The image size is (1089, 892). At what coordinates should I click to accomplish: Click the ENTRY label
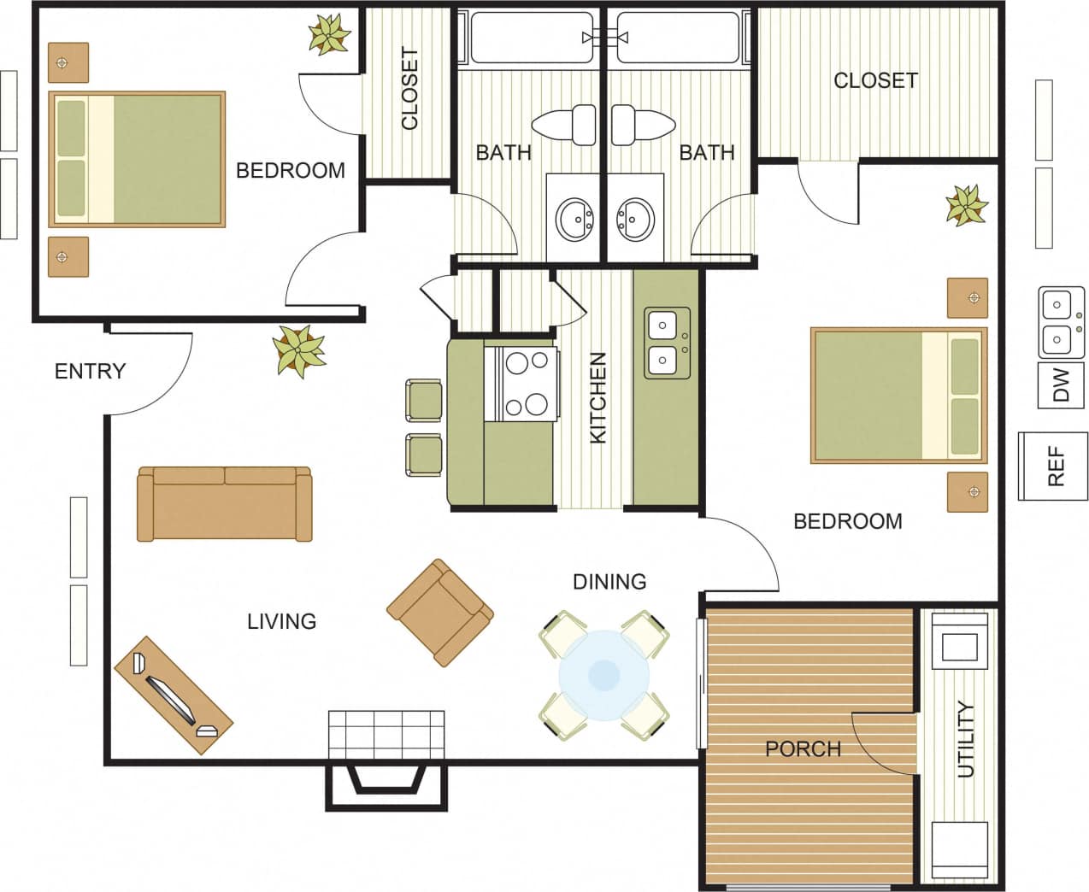90,371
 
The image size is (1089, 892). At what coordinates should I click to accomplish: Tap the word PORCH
803,749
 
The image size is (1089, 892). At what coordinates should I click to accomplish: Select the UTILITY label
965,739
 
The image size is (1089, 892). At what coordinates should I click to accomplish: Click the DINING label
609,582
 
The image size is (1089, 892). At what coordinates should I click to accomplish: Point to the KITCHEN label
598,397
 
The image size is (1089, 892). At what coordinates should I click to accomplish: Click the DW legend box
1061,385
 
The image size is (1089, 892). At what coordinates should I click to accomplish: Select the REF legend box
1055,466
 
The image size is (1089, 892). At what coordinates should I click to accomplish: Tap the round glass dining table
604,674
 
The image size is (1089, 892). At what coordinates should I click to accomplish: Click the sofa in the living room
225,503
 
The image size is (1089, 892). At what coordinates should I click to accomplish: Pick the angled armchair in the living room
440,613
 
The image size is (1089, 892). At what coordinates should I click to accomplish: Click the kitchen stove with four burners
521,384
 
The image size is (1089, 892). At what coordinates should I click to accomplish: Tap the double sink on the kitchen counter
667,343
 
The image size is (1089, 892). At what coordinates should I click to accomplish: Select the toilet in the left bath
565,126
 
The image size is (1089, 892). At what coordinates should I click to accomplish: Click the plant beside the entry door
298,350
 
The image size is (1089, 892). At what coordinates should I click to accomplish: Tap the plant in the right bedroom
967,206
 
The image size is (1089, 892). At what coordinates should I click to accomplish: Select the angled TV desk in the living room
173,695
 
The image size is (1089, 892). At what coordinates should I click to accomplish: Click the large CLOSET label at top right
875,80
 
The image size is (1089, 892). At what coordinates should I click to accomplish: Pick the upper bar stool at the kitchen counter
423,400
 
